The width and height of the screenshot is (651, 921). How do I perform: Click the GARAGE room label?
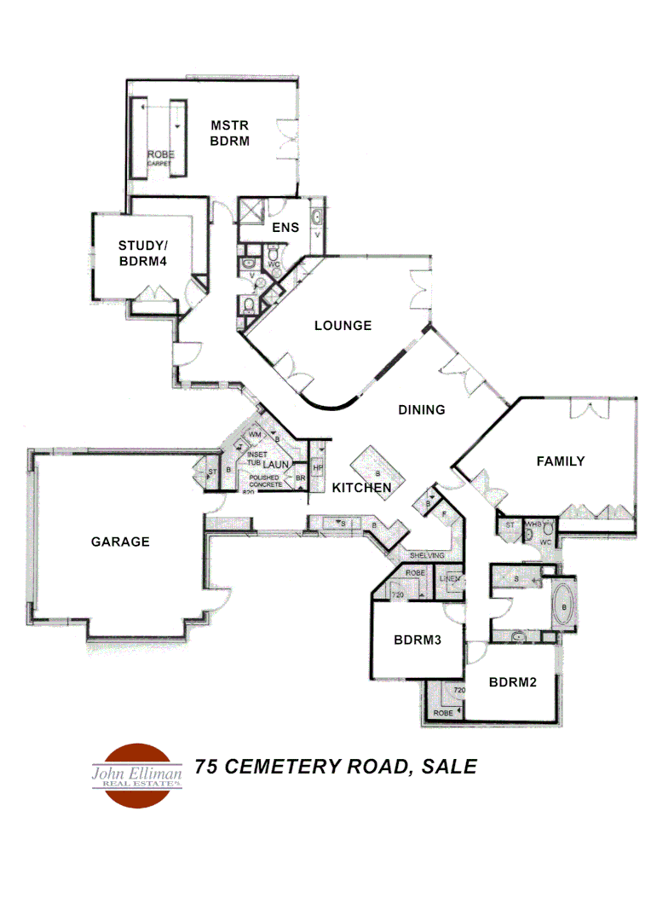pos(120,542)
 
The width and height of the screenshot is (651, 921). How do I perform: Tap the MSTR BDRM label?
pos(230,133)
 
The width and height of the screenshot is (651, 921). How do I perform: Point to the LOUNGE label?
pos(343,325)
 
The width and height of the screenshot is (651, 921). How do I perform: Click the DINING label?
pos(422,409)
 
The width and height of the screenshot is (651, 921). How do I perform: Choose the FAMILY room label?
pos(560,461)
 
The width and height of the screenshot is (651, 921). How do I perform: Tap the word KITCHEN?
pos(361,488)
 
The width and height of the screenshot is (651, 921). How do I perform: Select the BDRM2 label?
pos(512,682)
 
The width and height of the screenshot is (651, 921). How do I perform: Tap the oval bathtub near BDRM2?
pos(563,608)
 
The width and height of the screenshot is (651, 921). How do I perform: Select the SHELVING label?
pos(425,555)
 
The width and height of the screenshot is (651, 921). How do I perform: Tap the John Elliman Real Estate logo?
pos(137,774)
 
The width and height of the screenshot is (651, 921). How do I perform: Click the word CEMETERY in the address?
pos(279,767)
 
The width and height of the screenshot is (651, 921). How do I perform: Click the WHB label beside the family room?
pos(533,524)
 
